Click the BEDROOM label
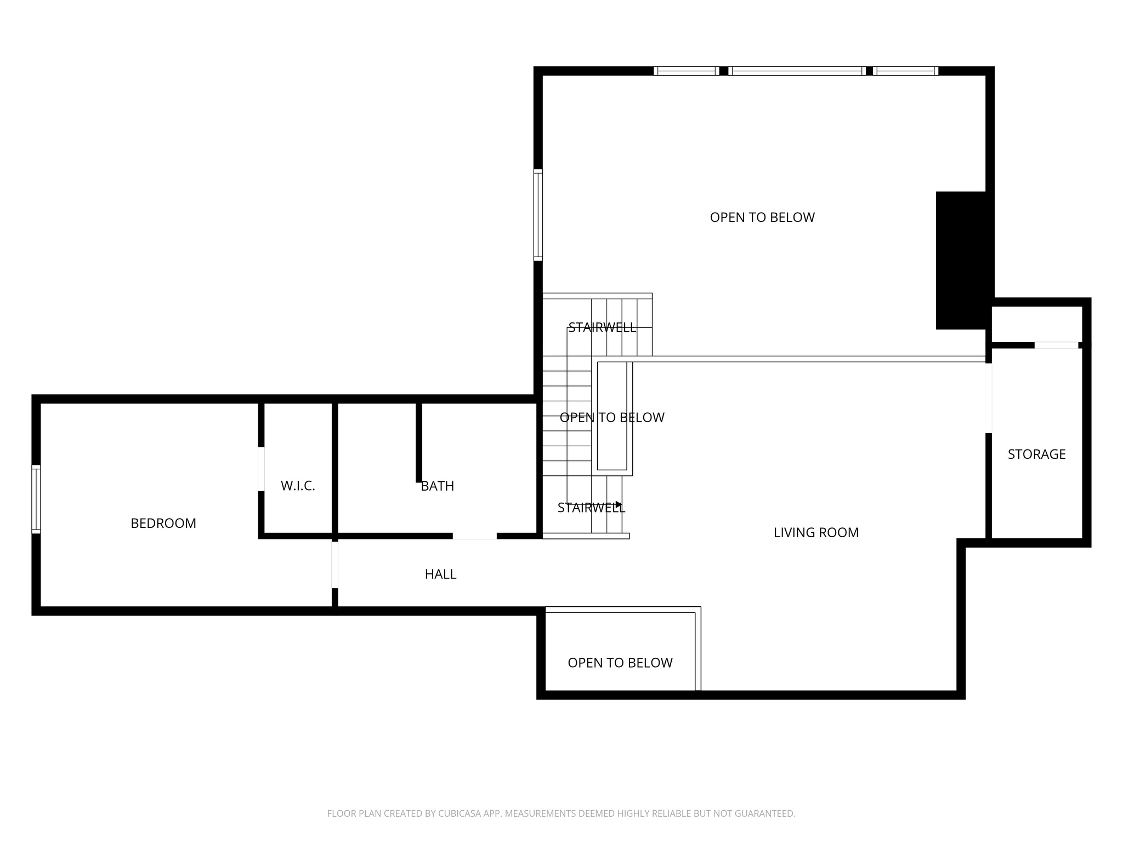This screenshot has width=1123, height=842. coord(163,524)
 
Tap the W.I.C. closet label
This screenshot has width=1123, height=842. coord(298,486)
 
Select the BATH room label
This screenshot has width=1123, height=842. coord(437,486)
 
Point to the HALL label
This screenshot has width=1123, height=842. coord(440,574)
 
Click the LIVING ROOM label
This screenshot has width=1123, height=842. coord(815,532)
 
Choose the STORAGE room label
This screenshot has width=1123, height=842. coord(1036,454)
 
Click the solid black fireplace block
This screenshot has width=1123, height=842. coord(961,260)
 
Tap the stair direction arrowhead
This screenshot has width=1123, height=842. coord(619,504)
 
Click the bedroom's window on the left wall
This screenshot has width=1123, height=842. coord(36,499)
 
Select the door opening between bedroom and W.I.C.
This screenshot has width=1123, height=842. coord(262,469)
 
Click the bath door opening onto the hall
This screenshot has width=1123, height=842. coord(474,536)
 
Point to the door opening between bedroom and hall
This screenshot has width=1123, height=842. coord(334,565)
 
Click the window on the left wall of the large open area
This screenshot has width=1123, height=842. coord(538,214)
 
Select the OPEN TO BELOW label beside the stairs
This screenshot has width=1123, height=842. coord(612,418)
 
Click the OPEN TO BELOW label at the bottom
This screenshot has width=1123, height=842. coord(620,663)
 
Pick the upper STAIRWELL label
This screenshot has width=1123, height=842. coord(602,328)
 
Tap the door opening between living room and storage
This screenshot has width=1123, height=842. coord(989,398)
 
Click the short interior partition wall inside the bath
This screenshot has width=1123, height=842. coord(419,442)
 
